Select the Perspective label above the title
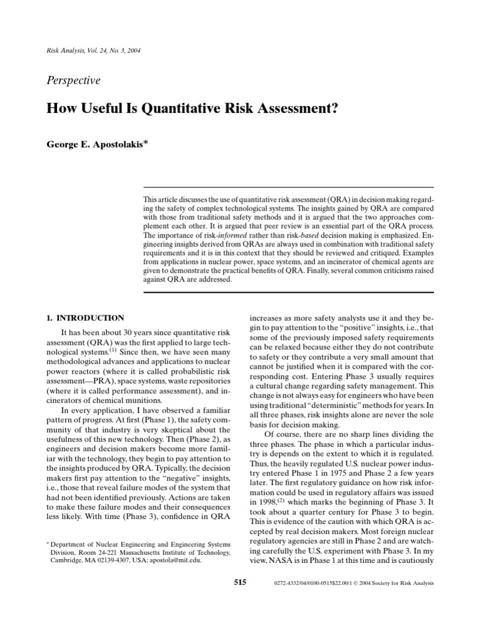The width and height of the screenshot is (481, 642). [73, 80]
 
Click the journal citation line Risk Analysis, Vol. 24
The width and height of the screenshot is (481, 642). [93, 50]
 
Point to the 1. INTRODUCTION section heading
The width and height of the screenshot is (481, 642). [86, 318]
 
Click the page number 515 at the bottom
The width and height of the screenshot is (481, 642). [240, 582]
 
